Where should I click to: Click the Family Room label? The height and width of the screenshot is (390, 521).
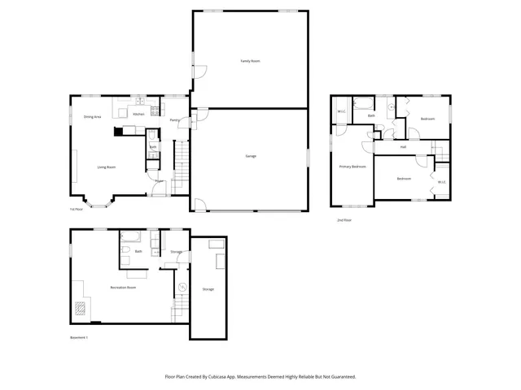[250, 61]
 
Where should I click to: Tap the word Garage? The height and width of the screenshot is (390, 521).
[251, 155]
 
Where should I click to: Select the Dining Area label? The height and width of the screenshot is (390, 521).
[92, 116]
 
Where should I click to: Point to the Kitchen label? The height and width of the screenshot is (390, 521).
[138, 115]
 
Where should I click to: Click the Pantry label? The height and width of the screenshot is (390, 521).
[174, 120]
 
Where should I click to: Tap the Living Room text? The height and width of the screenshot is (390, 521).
[107, 167]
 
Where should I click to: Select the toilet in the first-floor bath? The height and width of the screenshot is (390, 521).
[152, 155]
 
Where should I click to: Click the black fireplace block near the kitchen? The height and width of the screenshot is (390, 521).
[119, 129]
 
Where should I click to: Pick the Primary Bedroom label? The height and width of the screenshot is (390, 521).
[352, 166]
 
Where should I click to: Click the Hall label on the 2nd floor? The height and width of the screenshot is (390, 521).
[403, 147]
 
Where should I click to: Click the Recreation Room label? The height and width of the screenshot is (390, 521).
[123, 288]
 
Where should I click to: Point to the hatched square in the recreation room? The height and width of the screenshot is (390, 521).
[80, 308]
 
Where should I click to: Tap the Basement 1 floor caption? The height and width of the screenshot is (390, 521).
[78, 337]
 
